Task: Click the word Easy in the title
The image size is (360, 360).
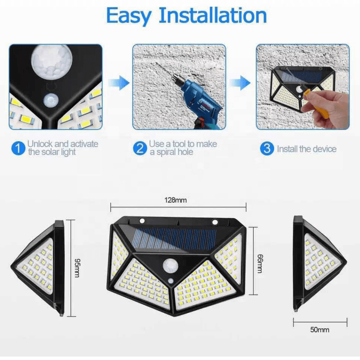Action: click(x=129, y=16)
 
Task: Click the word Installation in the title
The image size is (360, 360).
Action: click(x=213, y=15)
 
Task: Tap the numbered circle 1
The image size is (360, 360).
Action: click(x=18, y=148)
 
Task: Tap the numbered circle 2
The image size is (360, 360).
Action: click(x=140, y=148)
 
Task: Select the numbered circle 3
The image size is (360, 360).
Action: click(x=267, y=148)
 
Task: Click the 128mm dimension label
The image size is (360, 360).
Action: click(x=175, y=200)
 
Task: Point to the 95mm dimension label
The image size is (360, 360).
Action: click(x=77, y=268)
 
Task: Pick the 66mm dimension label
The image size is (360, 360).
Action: click(x=260, y=263)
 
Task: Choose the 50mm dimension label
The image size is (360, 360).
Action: click(x=320, y=330)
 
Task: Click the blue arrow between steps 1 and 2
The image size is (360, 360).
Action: click(x=119, y=83)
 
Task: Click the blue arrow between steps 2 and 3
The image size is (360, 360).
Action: click(x=240, y=83)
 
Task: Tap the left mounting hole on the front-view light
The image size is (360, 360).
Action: click(x=142, y=221)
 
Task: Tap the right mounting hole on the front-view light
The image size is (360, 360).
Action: click(x=215, y=222)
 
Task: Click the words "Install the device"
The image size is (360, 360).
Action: click(x=306, y=149)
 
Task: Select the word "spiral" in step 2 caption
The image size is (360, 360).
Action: click(x=167, y=153)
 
